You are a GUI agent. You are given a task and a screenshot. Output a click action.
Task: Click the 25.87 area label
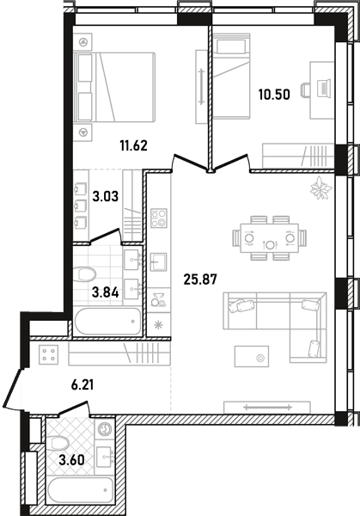(x=200, y=279)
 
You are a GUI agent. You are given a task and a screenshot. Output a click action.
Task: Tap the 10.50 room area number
(x=274, y=95)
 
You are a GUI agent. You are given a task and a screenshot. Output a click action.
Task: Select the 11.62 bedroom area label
(x=133, y=145)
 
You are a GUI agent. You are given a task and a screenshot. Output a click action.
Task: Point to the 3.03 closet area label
(x=105, y=197)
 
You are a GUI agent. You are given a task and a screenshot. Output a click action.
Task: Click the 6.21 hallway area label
(x=82, y=384)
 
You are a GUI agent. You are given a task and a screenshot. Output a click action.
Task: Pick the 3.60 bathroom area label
(x=71, y=460)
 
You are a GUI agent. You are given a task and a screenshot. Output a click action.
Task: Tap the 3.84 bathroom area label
(x=105, y=292)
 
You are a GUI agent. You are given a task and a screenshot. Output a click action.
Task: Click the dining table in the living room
(x=270, y=238)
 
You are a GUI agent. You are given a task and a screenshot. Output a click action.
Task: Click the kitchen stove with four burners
(x=159, y=218)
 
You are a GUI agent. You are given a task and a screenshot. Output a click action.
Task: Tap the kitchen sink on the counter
(x=158, y=262)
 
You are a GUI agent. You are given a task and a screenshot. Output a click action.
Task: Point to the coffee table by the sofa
(x=252, y=356)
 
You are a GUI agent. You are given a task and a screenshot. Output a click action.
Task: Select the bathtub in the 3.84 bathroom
(x=108, y=321)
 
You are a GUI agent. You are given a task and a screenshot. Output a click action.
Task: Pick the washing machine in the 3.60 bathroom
(x=105, y=429)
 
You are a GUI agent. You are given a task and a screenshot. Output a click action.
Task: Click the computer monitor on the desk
(x=325, y=89)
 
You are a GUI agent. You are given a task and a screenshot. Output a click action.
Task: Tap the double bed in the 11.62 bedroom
(x=115, y=87)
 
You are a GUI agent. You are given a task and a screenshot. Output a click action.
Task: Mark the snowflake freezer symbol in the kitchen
(x=158, y=325)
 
